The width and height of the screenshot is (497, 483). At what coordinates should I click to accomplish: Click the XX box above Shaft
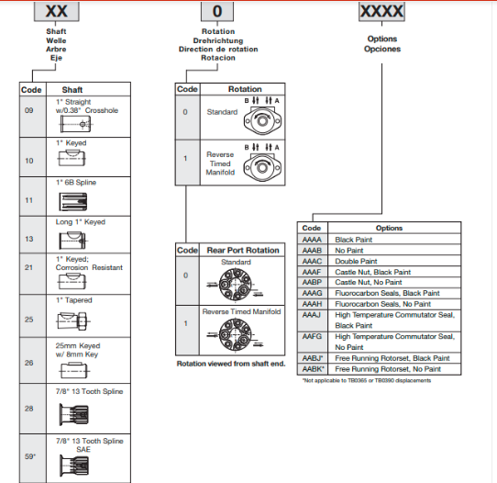[57, 11]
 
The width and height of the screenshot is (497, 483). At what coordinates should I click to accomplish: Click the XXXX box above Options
[381, 12]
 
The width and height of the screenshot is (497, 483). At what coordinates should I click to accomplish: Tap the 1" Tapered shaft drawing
[73, 320]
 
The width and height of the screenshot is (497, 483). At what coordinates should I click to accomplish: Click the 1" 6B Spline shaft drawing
[73, 202]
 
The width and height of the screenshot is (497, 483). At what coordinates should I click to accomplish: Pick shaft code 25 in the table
[28, 320]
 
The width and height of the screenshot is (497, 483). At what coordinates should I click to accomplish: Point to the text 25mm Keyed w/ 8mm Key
[78, 350]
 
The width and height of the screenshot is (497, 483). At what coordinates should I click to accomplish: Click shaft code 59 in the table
[30, 456]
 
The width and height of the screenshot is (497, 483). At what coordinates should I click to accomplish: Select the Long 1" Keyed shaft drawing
[73, 241]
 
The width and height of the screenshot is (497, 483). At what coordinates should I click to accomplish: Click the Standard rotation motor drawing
[262, 120]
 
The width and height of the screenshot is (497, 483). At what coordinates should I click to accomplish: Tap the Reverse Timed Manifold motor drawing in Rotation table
[262, 167]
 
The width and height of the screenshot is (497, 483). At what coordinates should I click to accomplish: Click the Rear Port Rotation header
[243, 251]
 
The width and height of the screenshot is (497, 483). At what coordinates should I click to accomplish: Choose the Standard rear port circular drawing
[235, 285]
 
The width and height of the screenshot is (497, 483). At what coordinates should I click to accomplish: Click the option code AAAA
[312, 240]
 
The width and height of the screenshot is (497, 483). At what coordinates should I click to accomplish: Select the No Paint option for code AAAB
[349, 251]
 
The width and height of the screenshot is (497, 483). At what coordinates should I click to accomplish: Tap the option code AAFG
[312, 336]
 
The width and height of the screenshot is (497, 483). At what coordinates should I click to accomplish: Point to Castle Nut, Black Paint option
[372, 272]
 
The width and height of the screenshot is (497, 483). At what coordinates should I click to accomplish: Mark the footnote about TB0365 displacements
[367, 380]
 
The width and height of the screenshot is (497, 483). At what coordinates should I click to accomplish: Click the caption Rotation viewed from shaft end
[231, 364]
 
